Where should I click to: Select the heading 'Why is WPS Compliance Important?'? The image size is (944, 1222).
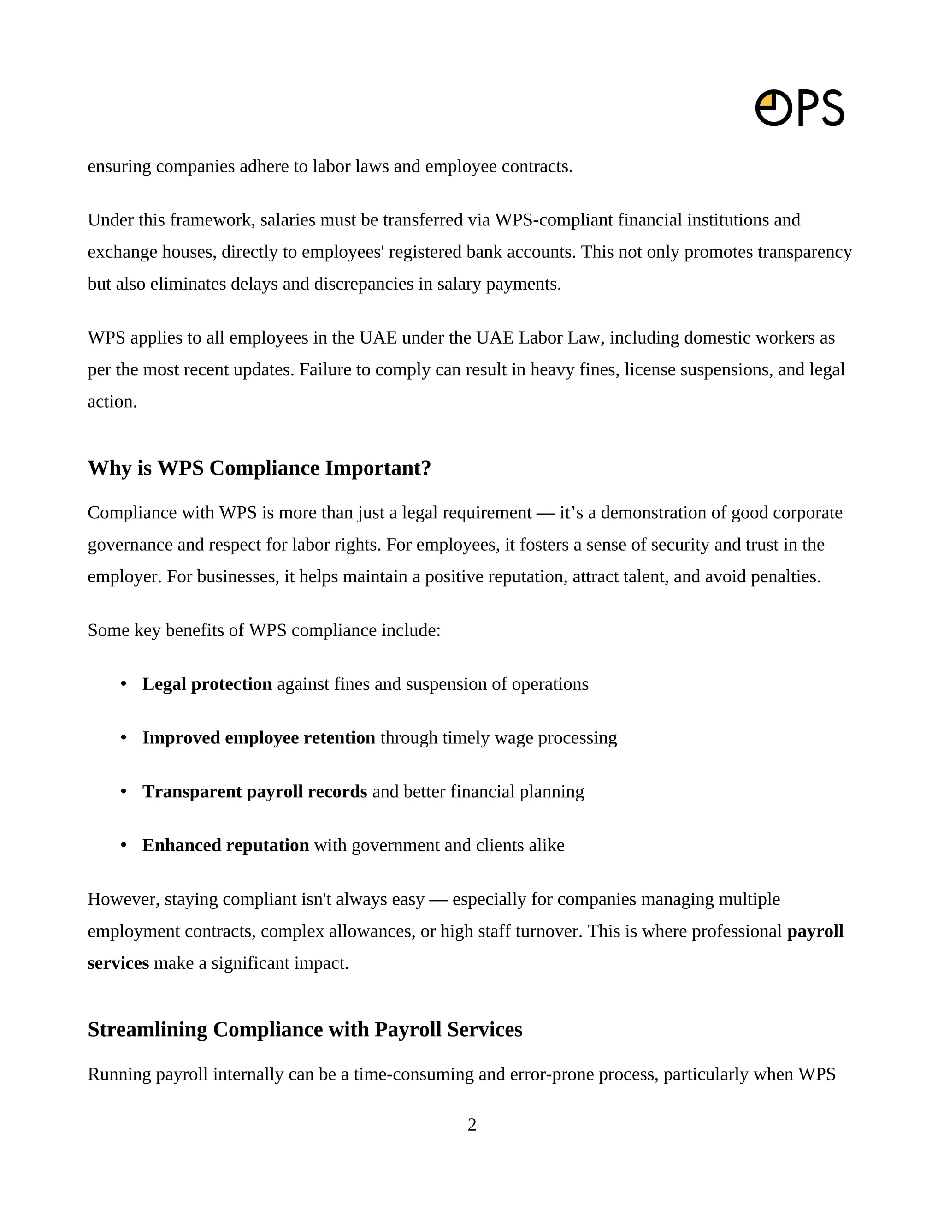tap(260, 468)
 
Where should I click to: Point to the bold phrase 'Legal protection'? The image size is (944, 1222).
tap(207, 684)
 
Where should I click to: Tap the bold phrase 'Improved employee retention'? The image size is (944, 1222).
tap(259, 737)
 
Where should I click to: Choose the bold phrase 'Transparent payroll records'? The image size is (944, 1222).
tap(254, 791)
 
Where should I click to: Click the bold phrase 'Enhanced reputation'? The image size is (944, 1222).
tap(225, 845)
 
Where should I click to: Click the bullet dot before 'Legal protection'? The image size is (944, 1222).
tap(124, 684)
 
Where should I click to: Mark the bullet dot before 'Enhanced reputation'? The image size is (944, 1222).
tap(124, 845)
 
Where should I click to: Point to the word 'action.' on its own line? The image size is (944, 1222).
tap(112, 402)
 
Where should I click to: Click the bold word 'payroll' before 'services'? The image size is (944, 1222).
tap(814, 931)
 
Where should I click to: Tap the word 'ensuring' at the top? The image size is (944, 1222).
tap(119, 167)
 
